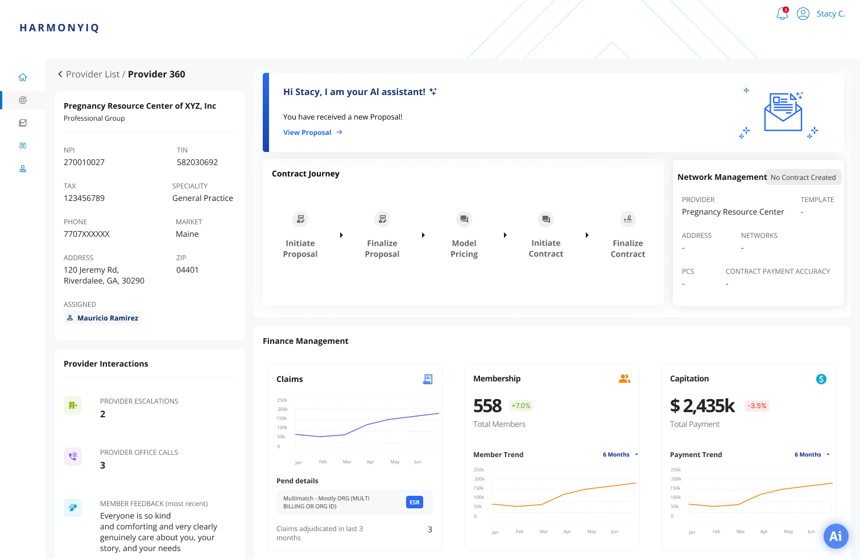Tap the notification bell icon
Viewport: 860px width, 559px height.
tap(783, 14)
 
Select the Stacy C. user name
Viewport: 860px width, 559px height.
tap(830, 14)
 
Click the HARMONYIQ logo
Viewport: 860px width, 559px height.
tap(59, 28)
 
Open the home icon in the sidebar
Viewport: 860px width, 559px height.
tap(23, 77)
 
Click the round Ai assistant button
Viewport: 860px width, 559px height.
tap(836, 536)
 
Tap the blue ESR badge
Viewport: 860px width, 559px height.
tap(415, 502)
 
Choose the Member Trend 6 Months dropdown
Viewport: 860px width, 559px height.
tap(620, 455)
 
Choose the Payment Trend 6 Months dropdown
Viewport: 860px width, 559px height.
tap(812, 455)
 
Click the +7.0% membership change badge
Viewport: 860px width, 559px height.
tap(520, 406)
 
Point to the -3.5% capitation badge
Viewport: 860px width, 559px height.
tap(757, 406)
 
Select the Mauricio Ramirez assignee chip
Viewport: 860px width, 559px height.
tap(103, 318)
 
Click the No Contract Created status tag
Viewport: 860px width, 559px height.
tap(803, 178)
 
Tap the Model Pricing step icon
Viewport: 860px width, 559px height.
tap(464, 219)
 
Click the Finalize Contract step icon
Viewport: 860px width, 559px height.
tap(628, 219)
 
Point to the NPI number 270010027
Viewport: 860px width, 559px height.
tap(84, 162)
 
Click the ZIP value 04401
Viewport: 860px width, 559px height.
tap(187, 270)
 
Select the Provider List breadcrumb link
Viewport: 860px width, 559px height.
tap(92, 75)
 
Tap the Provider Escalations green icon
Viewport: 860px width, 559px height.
tap(73, 405)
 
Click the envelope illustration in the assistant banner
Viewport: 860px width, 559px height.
tap(783, 112)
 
